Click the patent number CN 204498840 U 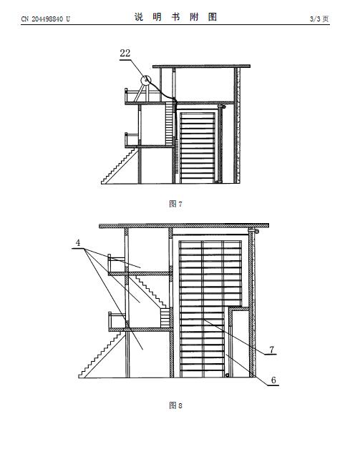tap(45, 19)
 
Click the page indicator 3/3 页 tap(319, 19)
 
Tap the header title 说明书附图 tap(176, 17)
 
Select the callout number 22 tap(125, 54)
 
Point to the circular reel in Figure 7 tap(146, 80)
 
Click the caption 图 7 tap(176, 204)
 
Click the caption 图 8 tap(176, 405)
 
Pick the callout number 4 tap(78, 242)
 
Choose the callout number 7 tap(271, 349)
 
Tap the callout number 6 tap(273, 380)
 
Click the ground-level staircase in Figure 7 tap(120, 167)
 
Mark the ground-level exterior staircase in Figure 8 tap(102, 355)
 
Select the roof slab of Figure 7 tap(201, 66)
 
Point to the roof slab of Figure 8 tap(184, 226)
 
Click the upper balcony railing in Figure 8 tap(116, 263)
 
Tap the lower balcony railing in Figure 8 tap(117, 320)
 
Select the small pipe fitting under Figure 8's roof tap(253, 231)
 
